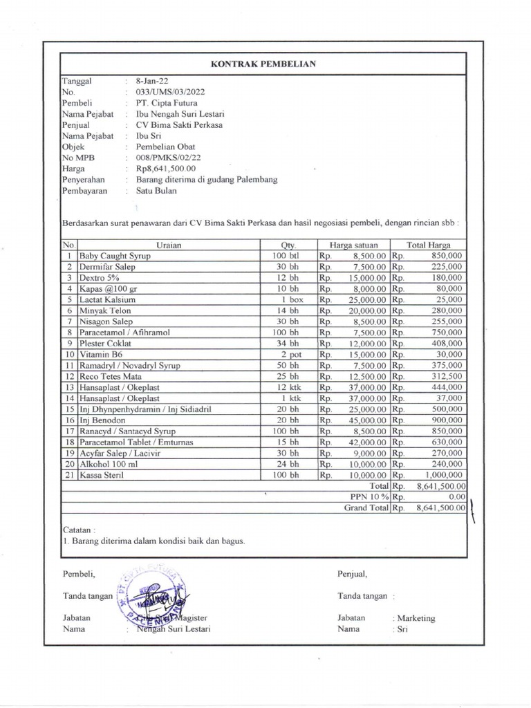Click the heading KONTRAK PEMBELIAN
tap(263, 64)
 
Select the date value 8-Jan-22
tap(150, 81)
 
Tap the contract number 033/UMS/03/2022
tap(170, 92)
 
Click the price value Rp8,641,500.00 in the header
tap(166, 169)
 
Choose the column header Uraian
tap(169, 245)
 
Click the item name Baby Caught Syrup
tap(115, 256)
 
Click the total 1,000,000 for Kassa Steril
tap(442, 476)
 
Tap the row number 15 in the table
tap(70, 409)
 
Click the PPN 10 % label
tap(369, 497)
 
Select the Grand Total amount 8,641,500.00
tap(441, 508)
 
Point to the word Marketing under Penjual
tap(416, 619)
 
